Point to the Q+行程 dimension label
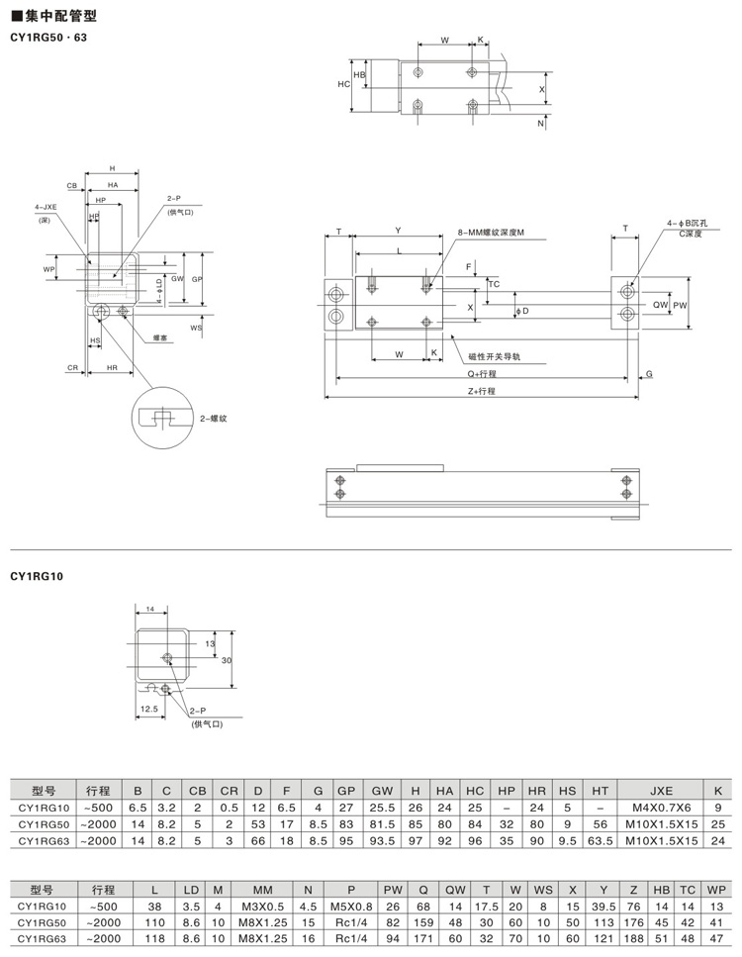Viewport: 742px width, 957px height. (482, 374)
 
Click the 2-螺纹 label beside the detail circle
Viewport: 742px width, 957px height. (214, 420)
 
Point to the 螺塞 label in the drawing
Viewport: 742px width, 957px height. (159, 337)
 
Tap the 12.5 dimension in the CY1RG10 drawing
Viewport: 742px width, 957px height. (148, 709)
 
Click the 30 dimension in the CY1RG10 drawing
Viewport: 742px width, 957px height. (226, 659)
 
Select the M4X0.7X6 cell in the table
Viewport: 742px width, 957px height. (660, 809)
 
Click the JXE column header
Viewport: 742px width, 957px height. (660, 791)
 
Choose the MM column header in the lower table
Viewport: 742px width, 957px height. (262, 889)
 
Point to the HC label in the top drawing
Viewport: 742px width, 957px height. (344, 84)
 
